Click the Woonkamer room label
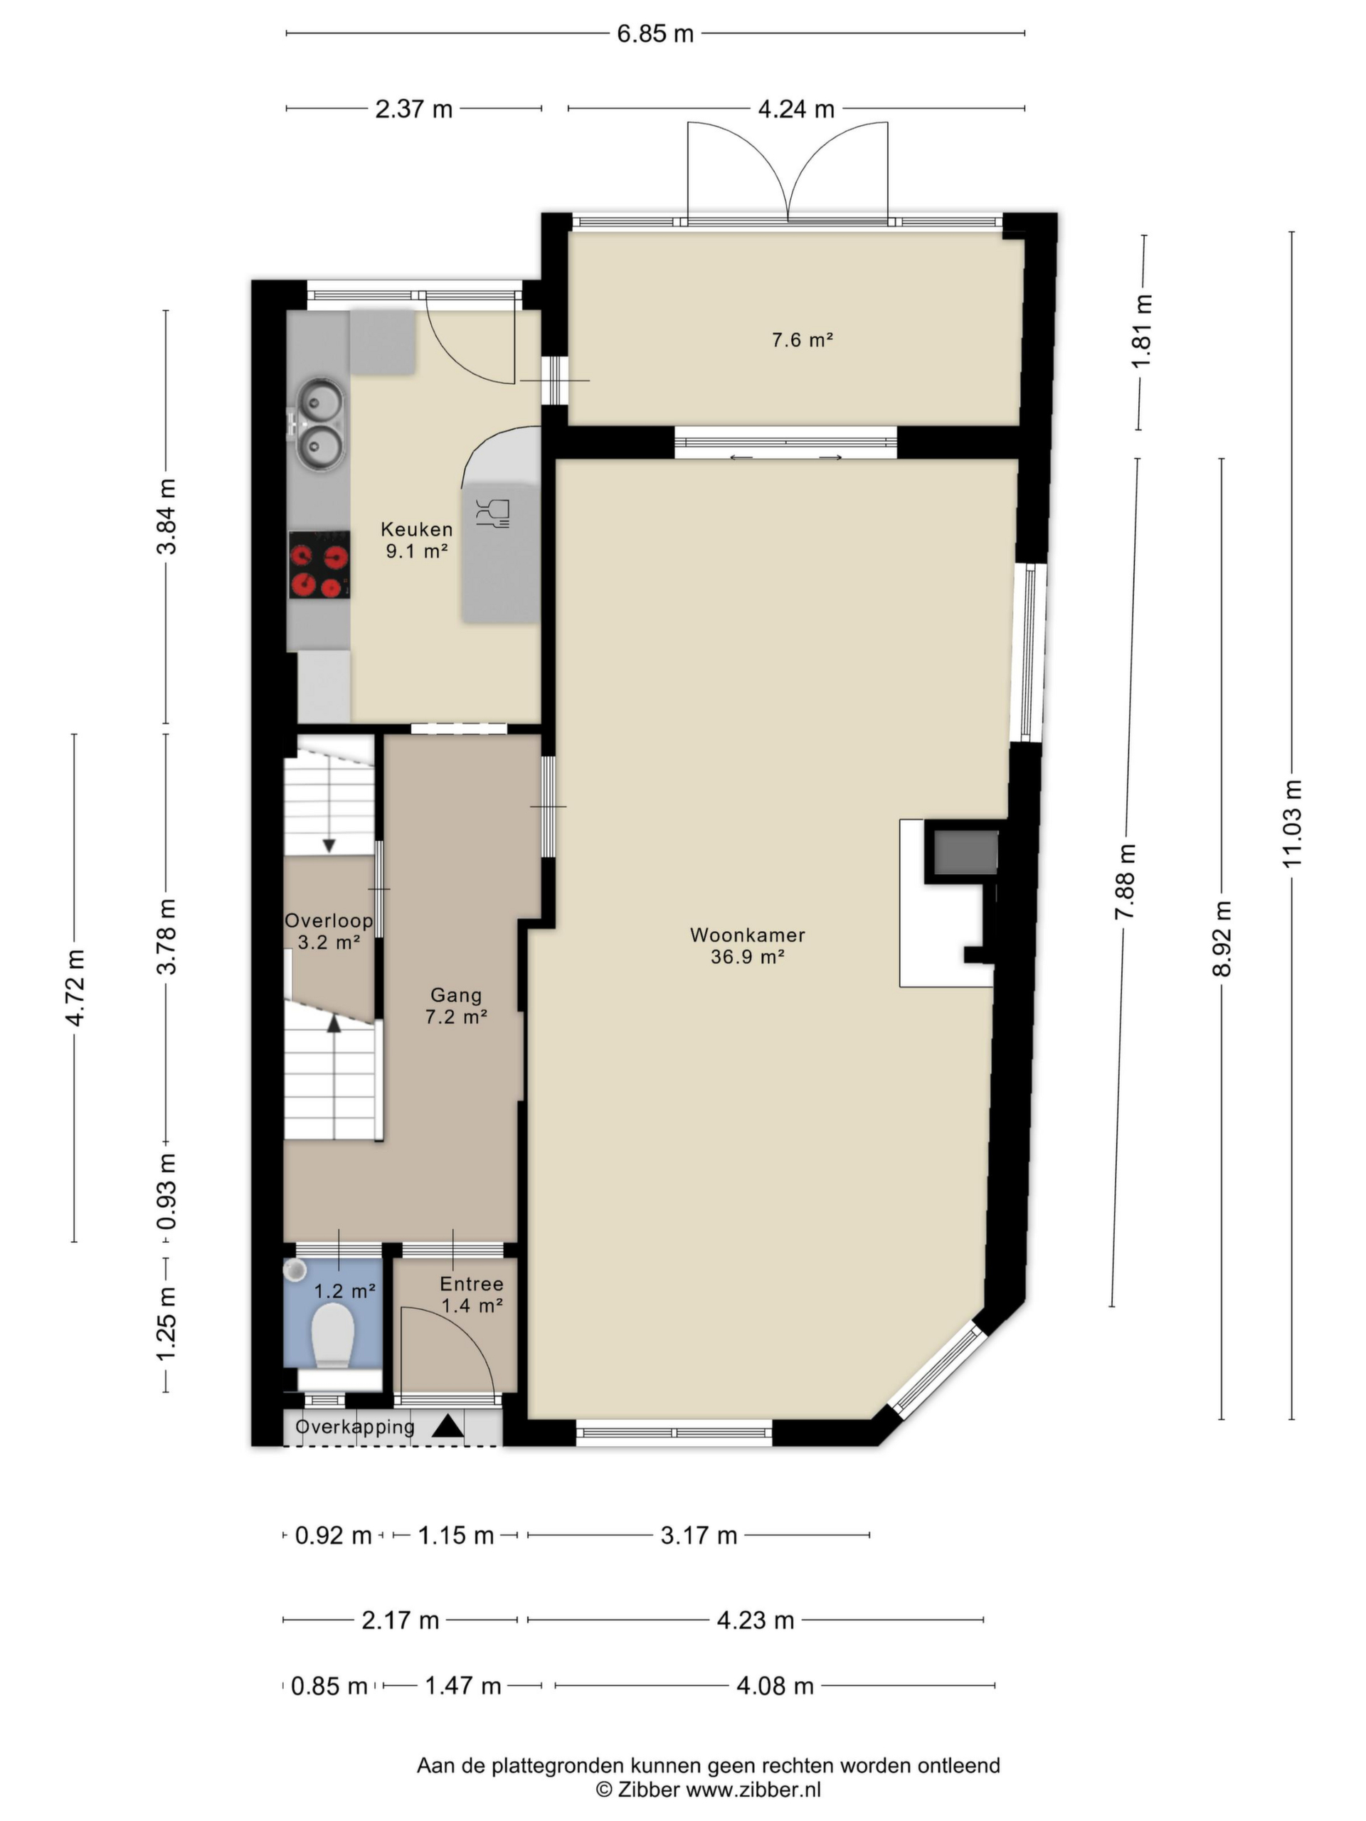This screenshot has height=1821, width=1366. [747, 935]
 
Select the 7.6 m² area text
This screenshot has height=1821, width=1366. [802, 339]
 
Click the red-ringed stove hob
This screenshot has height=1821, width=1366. [319, 565]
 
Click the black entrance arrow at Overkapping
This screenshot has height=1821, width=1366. [448, 1425]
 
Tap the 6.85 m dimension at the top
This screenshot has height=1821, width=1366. [655, 33]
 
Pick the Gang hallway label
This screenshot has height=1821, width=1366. [455, 995]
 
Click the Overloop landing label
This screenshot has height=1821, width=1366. [329, 920]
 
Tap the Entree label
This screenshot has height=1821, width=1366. [471, 1283]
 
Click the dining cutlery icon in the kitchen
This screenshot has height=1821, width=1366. [492, 513]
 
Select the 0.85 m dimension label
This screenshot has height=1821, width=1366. [329, 1686]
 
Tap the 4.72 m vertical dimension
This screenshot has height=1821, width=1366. [75, 987]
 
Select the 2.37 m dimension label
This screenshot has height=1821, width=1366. [413, 109]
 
